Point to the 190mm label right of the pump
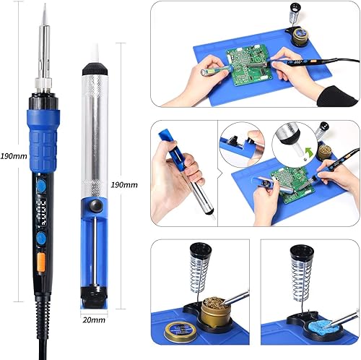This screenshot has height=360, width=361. click(x=124, y=185)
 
